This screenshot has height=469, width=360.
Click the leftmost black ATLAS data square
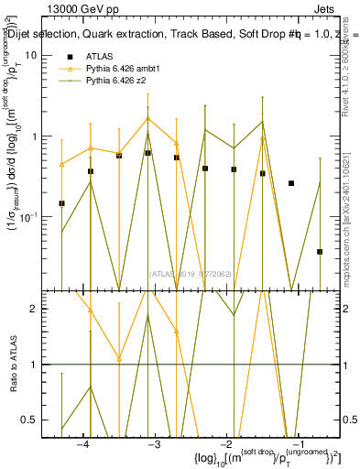[61, 203]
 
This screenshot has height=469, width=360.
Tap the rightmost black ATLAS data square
[320, 251]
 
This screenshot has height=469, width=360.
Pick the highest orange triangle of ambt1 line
[147, 118]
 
